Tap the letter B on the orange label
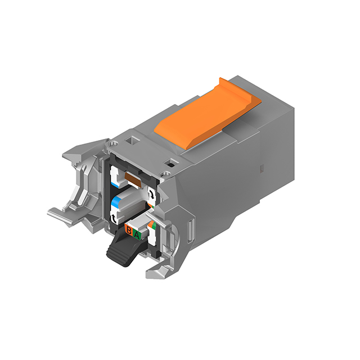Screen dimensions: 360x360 [129, 231]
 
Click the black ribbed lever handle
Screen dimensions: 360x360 [121, 250]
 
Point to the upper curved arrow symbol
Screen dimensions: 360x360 [151, 193]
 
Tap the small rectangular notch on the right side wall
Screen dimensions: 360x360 [260, 168]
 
